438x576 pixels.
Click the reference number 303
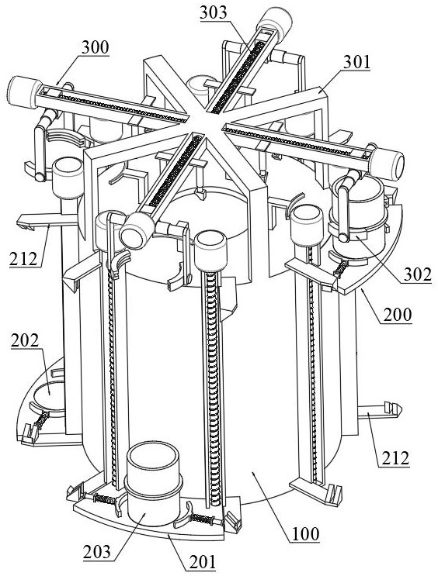(214, 13)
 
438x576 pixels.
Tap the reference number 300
(96, 48)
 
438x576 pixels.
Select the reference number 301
(356, 63)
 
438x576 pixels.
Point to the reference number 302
(417, 274)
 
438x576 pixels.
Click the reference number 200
(398, 315)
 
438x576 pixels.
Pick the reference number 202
(25, 340)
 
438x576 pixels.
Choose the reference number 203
(97, 552)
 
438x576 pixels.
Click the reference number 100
(306, 534)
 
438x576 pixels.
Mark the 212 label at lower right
(395, 459)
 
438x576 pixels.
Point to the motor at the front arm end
(137, 230)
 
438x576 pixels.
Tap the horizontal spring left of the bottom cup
(105, 498)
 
